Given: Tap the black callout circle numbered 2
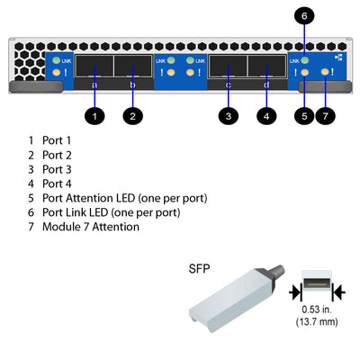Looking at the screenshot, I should pos(132,115).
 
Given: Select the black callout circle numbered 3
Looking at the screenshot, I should pos(229,115).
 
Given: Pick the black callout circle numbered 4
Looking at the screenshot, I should pos(265,115).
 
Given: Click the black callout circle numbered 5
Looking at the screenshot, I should pos(305,115).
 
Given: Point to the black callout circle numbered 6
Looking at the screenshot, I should pos(305,15).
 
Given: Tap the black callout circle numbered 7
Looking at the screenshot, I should pos(327,115).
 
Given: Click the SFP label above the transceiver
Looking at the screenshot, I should pos(199,268).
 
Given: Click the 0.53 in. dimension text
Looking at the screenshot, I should pos(317,310).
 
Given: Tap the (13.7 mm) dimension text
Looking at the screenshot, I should pos(317,321).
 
